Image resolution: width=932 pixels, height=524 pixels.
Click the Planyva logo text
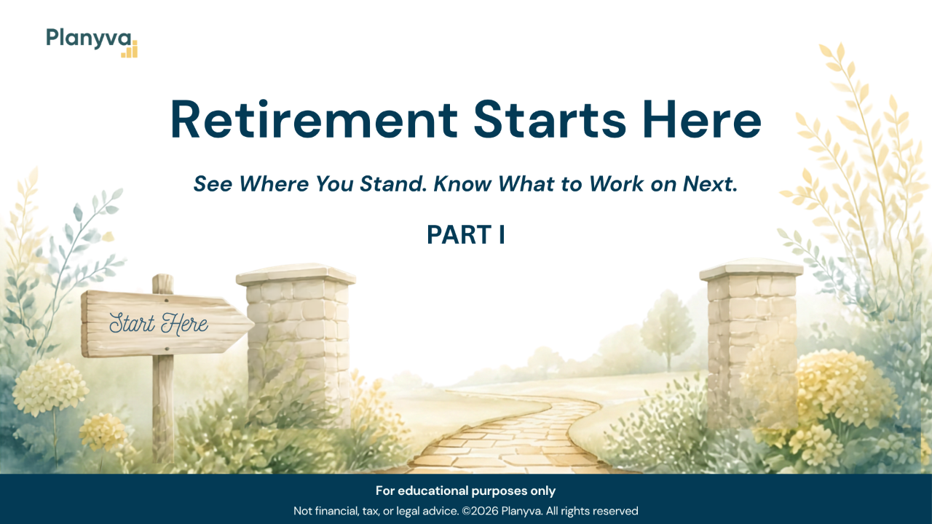click(89, 39)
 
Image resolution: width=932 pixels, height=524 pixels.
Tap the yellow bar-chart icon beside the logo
click(130, 49)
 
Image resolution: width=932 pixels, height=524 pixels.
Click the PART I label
click(466, 235)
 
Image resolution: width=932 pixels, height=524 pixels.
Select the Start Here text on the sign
click(159, 324)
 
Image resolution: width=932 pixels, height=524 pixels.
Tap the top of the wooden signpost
click(162, 277)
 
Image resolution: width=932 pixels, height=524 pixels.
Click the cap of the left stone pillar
click(296, 274)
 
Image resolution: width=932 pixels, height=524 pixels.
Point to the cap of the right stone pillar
click(751, 269)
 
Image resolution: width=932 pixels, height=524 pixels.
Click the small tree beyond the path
click(668, 330)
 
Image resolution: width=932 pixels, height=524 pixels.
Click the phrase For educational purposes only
click(465, 491)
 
